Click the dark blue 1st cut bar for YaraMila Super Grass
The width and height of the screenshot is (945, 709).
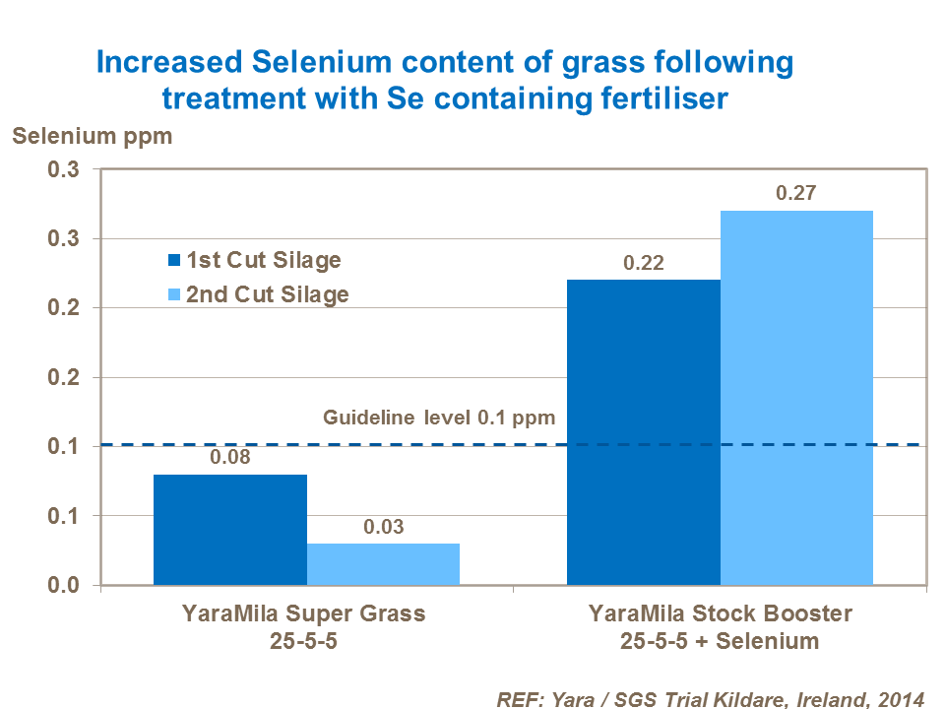229,530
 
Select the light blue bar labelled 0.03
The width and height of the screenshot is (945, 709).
383,564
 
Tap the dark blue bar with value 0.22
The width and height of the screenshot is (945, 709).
644,432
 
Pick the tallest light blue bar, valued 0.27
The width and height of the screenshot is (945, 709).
796,398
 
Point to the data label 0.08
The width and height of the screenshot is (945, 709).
229,458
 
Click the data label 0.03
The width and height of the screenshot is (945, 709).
383,527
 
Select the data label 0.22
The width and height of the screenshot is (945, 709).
644,263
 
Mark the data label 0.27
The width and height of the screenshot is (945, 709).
796,194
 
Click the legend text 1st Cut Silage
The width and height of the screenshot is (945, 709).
264,261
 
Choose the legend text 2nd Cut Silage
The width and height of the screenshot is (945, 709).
267,294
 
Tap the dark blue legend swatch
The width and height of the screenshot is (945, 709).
174,261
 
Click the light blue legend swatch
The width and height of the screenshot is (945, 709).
174,294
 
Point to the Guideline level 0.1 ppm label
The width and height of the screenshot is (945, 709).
440,418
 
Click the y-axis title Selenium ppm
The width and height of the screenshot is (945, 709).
92,136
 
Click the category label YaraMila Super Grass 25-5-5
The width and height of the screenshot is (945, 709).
304,627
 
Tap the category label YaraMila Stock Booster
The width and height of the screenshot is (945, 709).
720,613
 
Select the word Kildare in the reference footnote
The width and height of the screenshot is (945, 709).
738,698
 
